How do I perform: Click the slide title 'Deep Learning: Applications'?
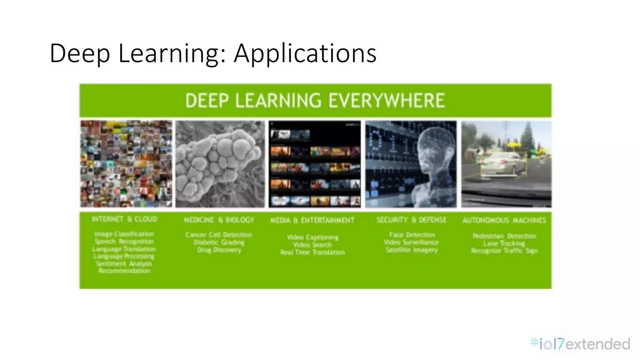click(x=213, y=53)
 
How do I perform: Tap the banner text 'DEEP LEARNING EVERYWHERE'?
click(x=315, y=101)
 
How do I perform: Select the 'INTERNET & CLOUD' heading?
click(x=124, y=219)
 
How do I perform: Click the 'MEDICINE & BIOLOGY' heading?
click(x=219, y=220)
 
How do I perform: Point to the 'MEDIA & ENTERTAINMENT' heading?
click(x=312, y=220)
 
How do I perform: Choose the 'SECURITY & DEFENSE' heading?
click(x=411, y=220)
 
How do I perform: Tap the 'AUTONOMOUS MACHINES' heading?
click(x=504, y=220)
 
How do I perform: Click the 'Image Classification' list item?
click(x=124, y=234)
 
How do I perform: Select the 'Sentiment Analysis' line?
click(x=124, y=263)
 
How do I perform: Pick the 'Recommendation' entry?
click(x=124, y=271)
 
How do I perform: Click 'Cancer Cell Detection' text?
click(x=218, y=235)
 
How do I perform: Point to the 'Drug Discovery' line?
click(x=219, y=250)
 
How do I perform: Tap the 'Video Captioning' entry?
click(x=312, y=237)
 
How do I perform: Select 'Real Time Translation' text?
click(x=312, y=252)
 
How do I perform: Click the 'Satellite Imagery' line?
click(x=411, y=250)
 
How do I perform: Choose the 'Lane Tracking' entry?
click(x=504, y=243)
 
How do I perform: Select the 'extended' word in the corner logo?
click(x=598, y=344)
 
